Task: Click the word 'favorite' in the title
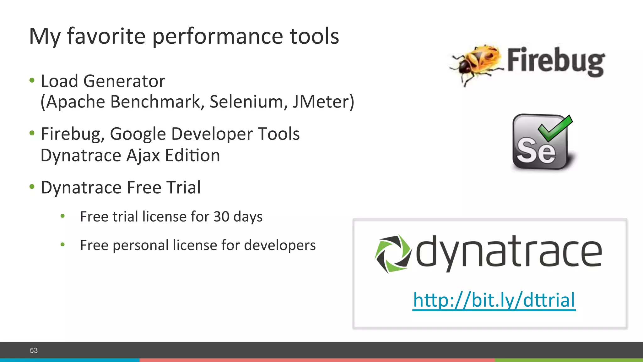(106, 36)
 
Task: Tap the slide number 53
(34, 350)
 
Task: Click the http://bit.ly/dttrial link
(494, 300)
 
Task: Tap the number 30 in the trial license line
(221, 217)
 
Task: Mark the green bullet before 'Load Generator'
(32, 80)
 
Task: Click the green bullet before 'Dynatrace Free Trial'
(32, 187)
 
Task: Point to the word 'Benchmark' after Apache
(158, 102)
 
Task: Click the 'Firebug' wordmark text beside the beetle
(556, 61)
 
